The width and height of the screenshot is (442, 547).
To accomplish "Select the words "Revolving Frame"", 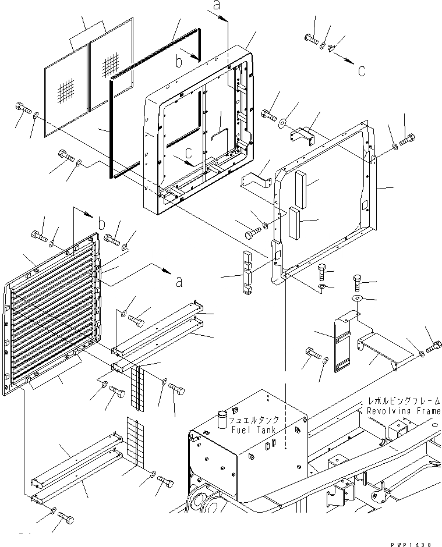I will pyautogui.click(x=403, y=411).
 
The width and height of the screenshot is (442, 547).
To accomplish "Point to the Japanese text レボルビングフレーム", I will pyautogui.click(x=403, y=402).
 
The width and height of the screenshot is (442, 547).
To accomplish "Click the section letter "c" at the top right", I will pyautogui.click(x=362, y=72).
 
